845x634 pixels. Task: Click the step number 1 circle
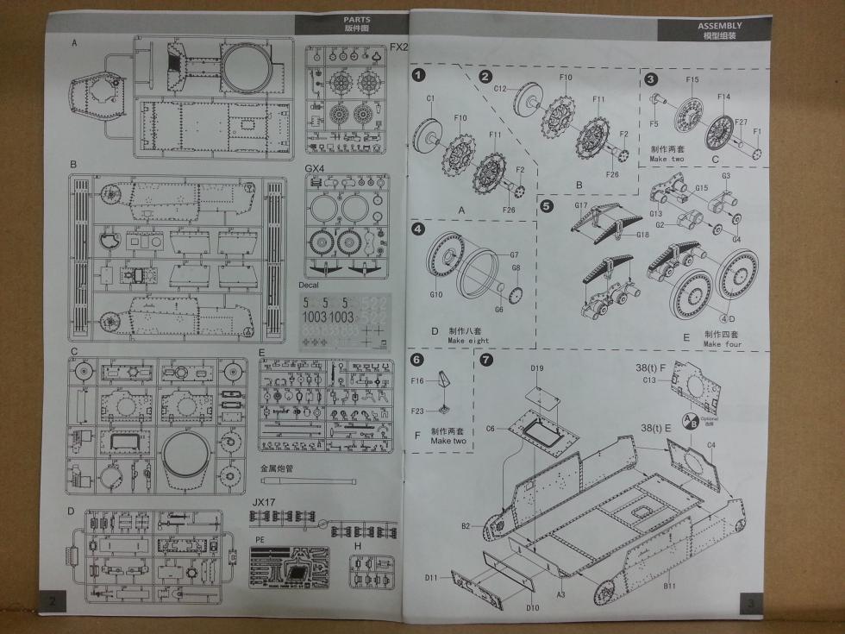point(419,74)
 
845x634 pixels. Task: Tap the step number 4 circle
point(418,229)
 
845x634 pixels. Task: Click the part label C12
point(500,88)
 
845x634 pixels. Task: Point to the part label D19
point(537,368)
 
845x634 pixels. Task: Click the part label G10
point(436,294)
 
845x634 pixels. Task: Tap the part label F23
point(417,411)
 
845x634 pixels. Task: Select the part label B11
point(669,586)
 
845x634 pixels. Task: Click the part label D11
point(432,577)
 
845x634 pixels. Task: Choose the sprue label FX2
point(398,47)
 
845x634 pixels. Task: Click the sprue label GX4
point(315,169)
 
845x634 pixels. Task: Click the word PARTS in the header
point(356,19)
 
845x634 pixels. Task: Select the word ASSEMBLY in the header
point(720,26)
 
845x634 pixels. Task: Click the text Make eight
point(468,341)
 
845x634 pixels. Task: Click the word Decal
point(309,285)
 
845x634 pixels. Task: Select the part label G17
point(580,204)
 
